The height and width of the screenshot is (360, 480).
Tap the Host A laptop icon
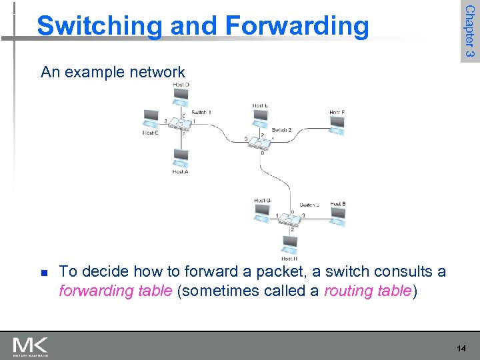180,159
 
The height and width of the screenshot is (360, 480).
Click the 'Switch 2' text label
281,130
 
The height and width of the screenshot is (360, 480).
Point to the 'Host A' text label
180,172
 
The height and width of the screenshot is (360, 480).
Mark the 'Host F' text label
337,112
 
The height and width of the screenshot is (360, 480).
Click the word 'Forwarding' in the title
297,25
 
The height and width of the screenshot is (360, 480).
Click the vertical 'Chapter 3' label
469,30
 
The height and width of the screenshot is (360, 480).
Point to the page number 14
462,349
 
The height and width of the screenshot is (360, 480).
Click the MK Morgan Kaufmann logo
30,347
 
